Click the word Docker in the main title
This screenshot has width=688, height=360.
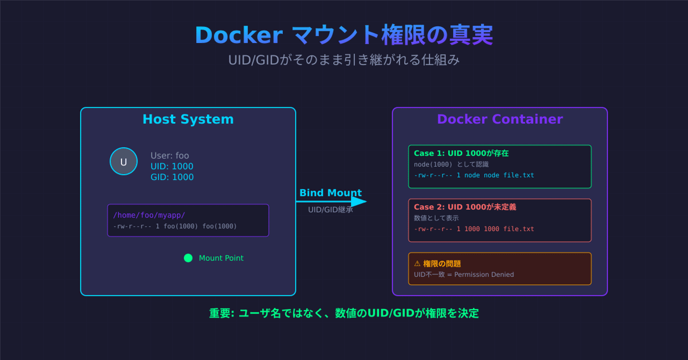click(239, 36)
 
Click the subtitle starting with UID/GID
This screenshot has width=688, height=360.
click(344, 60)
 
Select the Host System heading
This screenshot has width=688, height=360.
click(188, 119)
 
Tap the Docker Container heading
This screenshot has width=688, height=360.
click(499, 119)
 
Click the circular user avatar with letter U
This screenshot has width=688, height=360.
click(123, 162)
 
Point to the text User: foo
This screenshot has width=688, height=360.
click(170, 155)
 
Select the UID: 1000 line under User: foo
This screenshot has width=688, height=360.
click(172, 166)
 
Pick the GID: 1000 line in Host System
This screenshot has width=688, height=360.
click(172, 177)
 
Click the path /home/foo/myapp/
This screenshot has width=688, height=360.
click(149, 215)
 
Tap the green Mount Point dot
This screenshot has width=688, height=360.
click(188, 258)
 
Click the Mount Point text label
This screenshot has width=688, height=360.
click(221, 258)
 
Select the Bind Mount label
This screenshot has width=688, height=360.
click(330, 193)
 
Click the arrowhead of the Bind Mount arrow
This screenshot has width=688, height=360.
click(359, 202)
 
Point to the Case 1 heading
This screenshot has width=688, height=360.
click(461, 154)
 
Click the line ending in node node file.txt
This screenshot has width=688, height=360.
click(474, 175)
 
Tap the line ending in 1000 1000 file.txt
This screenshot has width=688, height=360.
click(474, 229)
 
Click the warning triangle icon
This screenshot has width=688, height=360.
click(417, 264)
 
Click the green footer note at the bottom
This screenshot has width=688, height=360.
click(344, 313)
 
